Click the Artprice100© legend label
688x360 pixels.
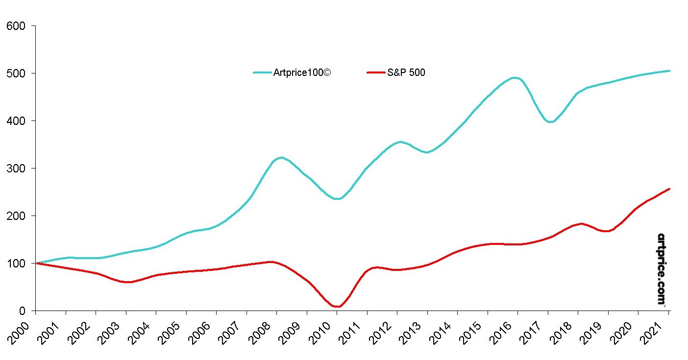[x=302, y=73]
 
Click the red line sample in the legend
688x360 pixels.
[x=376, y=73]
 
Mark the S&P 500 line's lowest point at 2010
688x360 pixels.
[x=337, y=307]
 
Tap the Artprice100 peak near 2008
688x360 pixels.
[x=281, y=157]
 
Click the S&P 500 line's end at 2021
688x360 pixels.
[x=669, y=189]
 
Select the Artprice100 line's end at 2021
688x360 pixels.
[x=669, y=71]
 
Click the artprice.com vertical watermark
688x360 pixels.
[x=661, y=269]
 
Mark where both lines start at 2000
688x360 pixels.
[x=36, y=263]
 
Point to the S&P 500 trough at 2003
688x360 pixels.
[x=127, y=282]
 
